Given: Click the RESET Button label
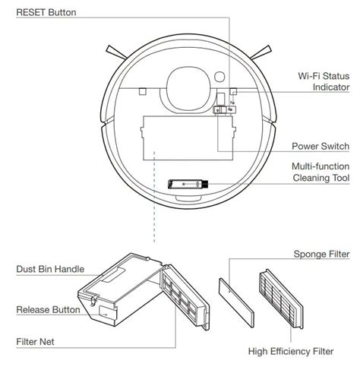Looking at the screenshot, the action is (46, 12).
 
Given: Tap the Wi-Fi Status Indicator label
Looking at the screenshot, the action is (324, 81).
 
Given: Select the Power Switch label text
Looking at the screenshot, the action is (321, 146).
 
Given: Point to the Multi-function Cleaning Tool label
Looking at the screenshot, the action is (321, 172).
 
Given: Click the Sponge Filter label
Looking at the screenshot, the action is (321, 254).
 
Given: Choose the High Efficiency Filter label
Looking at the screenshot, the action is (291, 351).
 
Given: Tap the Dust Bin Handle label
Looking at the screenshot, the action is (50, 269).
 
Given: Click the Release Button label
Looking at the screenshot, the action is (48, 309).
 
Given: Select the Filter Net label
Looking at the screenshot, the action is (35, 342).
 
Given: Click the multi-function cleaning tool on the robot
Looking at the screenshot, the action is (188, 184).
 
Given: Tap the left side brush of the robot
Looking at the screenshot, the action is (116, 52).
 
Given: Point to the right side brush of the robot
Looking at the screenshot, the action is (261, 52).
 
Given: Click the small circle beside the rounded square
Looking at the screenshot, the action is (219, 77).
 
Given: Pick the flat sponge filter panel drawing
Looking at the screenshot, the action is (236, 302).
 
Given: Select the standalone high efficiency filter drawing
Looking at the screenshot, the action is (281, 299).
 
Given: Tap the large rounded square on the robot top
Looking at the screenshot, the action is (188, 88).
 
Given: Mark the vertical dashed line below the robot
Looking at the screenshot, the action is (154, 197).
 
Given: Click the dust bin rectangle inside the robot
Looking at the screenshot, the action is (188, 138).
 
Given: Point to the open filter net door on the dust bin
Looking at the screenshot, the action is (185, 297).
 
